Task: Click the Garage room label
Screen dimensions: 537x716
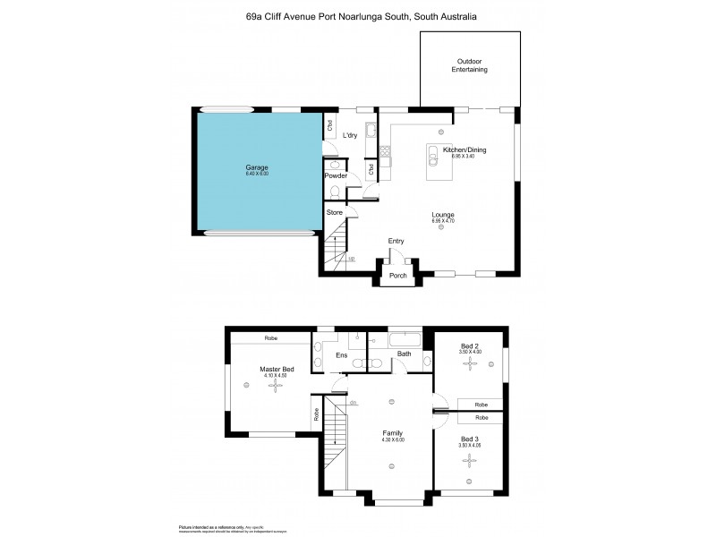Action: click(x=257, y=167)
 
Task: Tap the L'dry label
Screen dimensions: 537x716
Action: click(x=352, y=135)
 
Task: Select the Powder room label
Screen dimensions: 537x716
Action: click(x=336, y=175)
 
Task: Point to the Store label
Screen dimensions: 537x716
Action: click(x=334, y=212)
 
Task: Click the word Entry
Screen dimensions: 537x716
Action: click(x=396, y=241)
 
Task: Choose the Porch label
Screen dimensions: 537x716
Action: click(x=398, y=276)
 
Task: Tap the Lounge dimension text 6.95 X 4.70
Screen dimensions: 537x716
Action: click(x=443, y=221)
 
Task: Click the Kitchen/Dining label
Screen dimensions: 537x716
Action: click(x=471, y=149)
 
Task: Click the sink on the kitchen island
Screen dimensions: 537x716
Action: click(x=431, y=157)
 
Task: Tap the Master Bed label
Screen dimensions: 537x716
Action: click(x=277, y=370)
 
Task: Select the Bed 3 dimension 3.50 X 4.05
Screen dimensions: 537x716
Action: click(x=470, y=445)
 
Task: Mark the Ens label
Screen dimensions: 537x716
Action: click(x=341, y=355)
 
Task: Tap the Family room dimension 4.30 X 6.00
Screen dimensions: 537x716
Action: click(x=394, y=439)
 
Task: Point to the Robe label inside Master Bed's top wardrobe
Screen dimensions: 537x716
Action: click(x=269, y=338)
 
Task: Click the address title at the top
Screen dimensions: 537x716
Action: click(x=361, y=16)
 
